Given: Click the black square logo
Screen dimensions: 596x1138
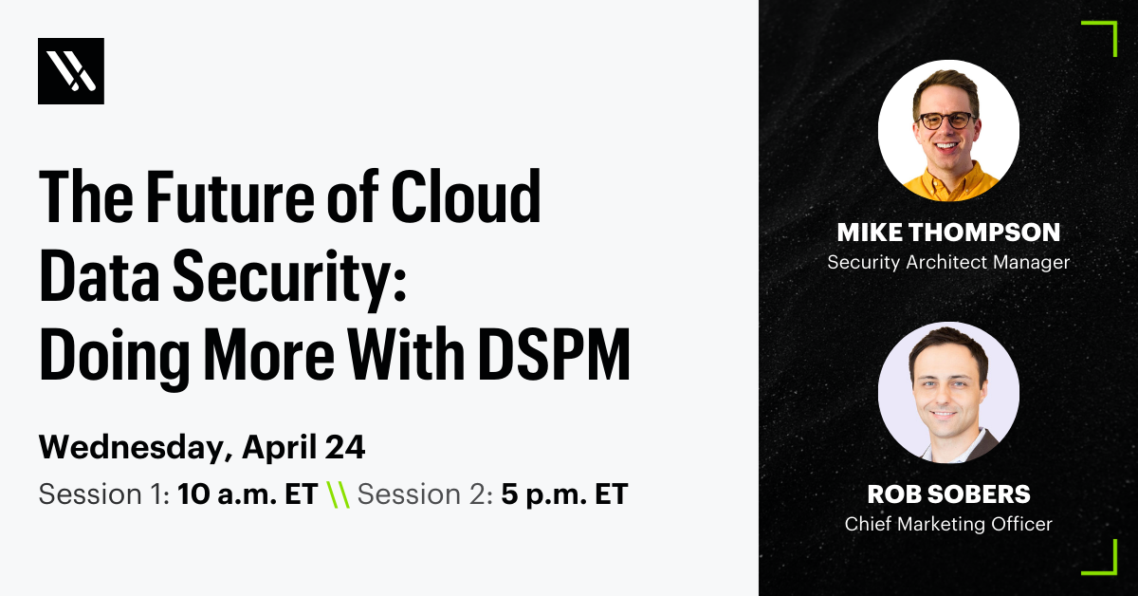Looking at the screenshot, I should tap(71, 71).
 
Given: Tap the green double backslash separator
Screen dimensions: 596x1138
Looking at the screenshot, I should tap(337, 494).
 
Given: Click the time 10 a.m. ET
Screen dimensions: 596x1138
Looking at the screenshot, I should tap(247, 494).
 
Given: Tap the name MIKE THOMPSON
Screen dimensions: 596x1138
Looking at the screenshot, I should tap(948, 233).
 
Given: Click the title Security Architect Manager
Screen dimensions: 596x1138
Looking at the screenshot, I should tap(948, 262).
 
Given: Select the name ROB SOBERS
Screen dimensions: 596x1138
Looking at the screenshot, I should tap(948, 494).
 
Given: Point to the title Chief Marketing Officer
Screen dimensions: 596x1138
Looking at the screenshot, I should tap(948, 524).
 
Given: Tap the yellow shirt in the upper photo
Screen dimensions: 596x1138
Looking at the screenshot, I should tap(948, 184).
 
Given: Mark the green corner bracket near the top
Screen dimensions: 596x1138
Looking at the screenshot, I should tap(1103, 36).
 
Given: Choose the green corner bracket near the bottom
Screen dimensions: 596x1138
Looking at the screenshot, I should tap(1103, 560).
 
